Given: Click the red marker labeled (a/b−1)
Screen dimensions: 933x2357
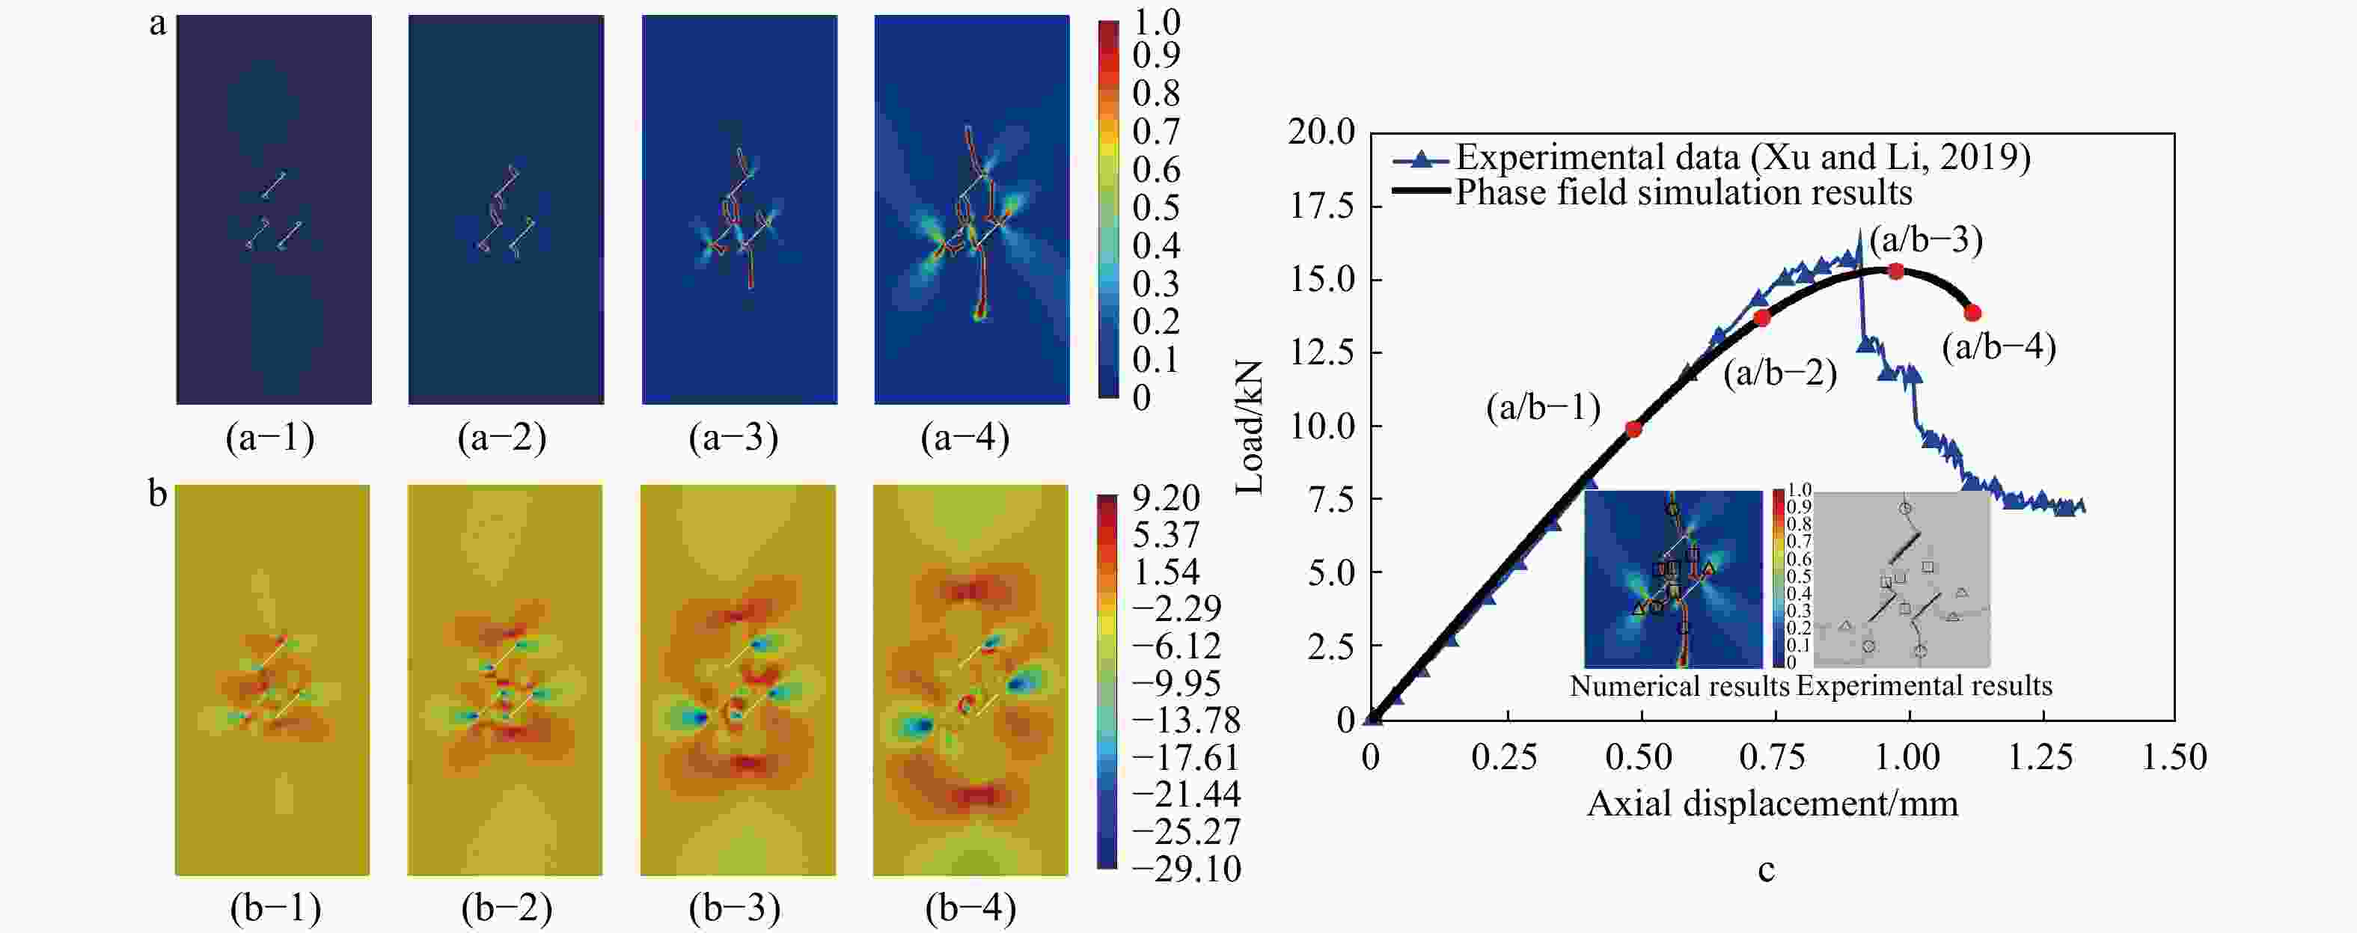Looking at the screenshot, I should click(1634, 428).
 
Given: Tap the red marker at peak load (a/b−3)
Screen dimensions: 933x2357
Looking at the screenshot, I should click(1896, 271).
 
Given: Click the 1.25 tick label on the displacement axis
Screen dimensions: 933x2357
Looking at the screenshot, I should click(2040, 757).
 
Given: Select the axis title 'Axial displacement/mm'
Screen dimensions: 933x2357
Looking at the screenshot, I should click(1773, 803).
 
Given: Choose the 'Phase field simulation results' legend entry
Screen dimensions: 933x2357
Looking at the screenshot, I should click(1684, 192).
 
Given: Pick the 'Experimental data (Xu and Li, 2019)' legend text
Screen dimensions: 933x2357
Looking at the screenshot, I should click(1743, 157).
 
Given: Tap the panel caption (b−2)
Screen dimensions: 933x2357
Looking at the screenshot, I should click(507, 908).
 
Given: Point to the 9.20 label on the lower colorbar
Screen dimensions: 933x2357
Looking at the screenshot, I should click(1166, 498).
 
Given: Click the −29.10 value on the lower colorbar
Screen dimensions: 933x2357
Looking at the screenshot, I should click(1186, 868).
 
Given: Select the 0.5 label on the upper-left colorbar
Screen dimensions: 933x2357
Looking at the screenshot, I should click(1155, 208).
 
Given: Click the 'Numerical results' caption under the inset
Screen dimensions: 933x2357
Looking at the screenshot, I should click(1679, 686).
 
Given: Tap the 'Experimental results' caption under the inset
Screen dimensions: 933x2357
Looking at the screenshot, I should click(1925, 686).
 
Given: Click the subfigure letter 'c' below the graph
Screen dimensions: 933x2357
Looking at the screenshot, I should click(1766, 869).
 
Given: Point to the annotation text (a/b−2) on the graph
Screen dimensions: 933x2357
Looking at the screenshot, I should click(1779, 373).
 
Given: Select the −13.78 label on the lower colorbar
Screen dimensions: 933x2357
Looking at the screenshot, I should click(1186, 720).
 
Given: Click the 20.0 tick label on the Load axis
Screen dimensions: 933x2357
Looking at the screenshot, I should click(1322, 132).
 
